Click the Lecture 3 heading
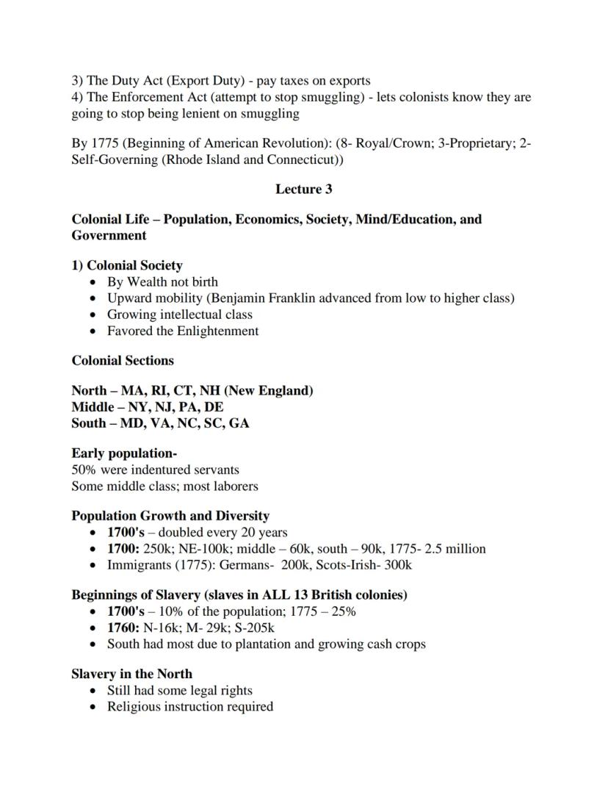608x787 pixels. [303, 190]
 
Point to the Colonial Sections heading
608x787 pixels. [123, 361]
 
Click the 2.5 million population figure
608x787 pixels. [455, 549]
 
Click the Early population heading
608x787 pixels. [124, 453]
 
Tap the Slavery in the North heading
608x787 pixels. [131, 674]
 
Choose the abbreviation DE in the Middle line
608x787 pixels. [214, 407]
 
